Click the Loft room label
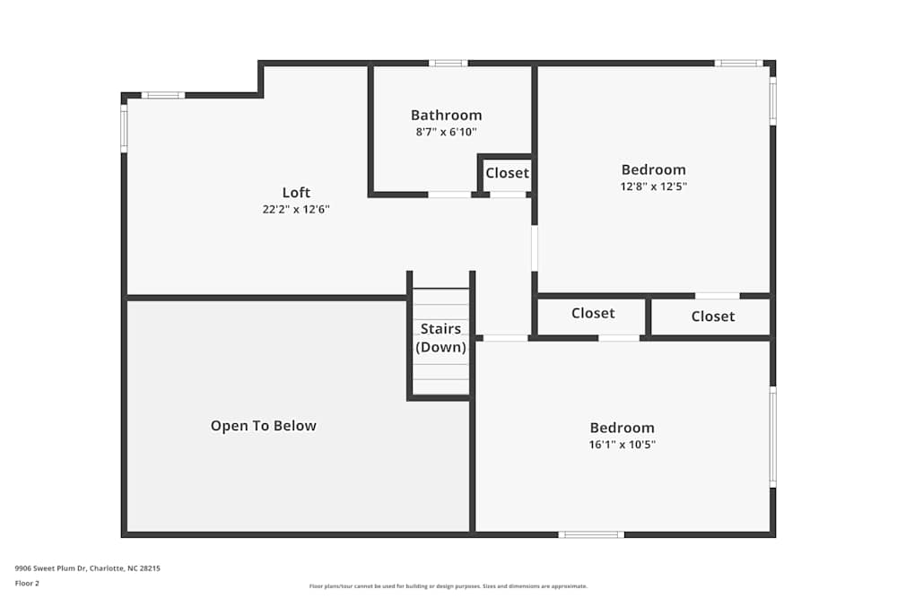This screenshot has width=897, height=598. [296, 192]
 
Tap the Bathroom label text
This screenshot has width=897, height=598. [446, 115]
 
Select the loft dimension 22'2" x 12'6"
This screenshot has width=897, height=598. [296, 209]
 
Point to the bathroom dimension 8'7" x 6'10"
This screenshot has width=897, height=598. [446, 132]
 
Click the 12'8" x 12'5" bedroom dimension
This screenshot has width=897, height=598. [653, 186]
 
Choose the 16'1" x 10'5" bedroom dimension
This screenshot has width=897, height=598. [622, 445]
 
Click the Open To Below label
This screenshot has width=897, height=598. [263, 426]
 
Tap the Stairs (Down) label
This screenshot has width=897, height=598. [440, 338]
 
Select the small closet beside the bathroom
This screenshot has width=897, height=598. [507, 173]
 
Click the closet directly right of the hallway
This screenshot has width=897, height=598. [593, 313]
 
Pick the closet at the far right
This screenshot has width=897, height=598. [712, 316]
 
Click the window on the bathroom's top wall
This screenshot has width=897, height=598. [448, 63]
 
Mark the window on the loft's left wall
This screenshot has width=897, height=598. [124, 128]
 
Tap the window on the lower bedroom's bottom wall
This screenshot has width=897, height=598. [590, 534]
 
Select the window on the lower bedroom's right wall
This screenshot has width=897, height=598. [772, 437]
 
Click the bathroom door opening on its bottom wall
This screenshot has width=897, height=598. [448, 194]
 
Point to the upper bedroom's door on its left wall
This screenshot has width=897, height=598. [535, 248]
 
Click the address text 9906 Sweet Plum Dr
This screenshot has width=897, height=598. [87, 568]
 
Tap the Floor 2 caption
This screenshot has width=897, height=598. [27, 583]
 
